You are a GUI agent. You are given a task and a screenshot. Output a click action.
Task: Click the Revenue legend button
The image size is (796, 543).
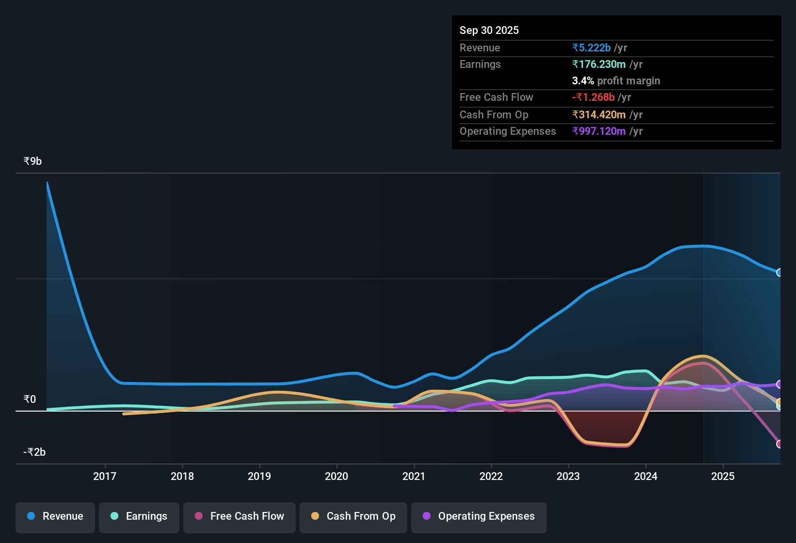point(55,516)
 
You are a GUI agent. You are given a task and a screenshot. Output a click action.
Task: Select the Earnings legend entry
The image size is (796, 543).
point(139,516)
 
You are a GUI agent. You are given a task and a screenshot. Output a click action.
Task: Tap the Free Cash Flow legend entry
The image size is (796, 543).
point(239,516)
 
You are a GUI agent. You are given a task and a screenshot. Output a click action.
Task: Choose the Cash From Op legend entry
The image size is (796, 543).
point(353,516)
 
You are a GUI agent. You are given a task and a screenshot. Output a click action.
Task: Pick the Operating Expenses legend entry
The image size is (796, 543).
point(479,516)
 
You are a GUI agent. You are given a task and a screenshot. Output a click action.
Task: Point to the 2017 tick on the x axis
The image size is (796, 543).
point(105,476)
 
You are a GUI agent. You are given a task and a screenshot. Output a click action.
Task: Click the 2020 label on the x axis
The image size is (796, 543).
point(336,476)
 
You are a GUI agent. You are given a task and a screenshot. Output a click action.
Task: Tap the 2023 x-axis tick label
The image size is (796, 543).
point(568,476)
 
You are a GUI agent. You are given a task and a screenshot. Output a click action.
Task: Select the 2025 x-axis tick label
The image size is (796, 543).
point(723,476)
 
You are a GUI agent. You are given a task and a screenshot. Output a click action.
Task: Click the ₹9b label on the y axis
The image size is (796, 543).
point(32,161)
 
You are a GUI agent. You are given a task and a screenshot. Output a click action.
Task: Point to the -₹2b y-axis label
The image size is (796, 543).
point(34,452)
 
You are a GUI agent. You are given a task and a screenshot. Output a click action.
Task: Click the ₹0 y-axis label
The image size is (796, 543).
point(30,399)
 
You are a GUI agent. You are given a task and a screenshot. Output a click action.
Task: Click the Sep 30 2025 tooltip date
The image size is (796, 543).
point(489,30)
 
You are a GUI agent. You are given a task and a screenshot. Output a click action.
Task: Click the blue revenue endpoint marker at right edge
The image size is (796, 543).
point(780,272)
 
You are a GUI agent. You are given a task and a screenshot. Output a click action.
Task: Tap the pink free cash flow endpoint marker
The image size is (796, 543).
point(780,444)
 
